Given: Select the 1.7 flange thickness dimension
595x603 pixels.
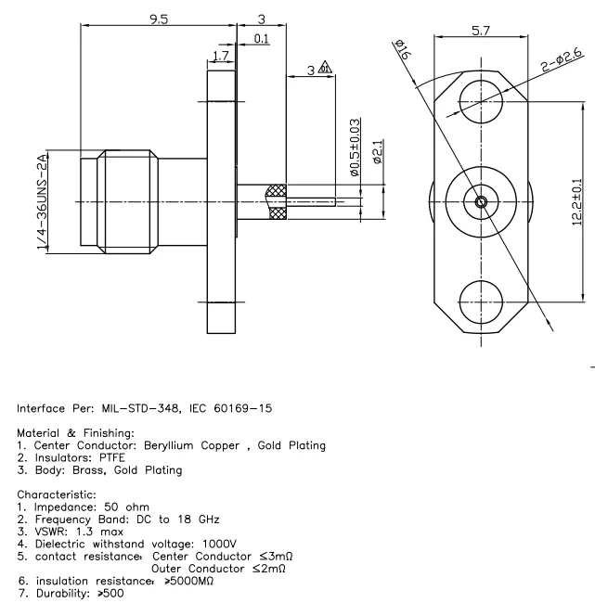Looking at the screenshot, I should click(219, 58).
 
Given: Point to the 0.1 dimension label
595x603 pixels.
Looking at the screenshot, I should click(261, 38).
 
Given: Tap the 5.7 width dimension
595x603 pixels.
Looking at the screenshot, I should click(481, 31).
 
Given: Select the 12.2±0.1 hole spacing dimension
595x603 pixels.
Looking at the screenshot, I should click(576, 201).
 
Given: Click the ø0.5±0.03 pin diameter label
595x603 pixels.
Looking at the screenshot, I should click(354, 147).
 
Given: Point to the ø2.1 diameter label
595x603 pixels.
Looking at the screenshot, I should click(377, 152).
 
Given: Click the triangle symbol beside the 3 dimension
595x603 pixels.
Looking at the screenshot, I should click(325, 68).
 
